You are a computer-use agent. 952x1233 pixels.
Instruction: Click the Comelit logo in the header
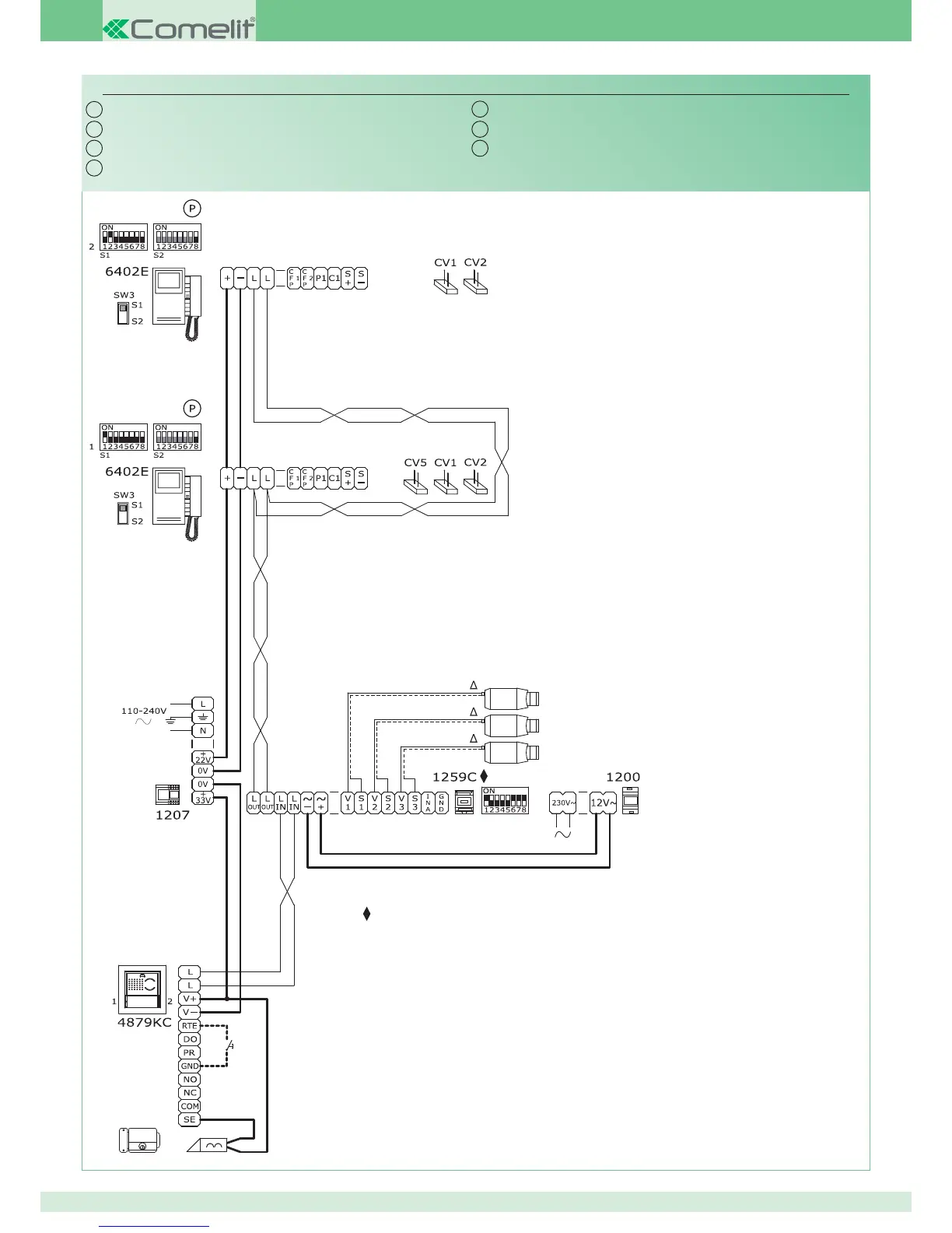click(179, 29)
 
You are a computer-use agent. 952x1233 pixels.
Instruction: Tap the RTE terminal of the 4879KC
click(190, 1026)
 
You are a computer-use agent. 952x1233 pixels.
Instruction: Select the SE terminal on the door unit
click(190, 1119)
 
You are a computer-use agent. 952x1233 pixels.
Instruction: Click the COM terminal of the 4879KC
click(190, 1106)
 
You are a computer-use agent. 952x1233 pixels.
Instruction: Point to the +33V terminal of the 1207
click(203, 798)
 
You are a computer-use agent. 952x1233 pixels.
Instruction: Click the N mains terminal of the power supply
click(203, 731)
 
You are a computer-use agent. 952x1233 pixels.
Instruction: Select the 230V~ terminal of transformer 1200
click(563, 803)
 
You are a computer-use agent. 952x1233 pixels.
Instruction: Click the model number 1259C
click(454, 777)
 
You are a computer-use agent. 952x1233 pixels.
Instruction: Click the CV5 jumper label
click(415, 462)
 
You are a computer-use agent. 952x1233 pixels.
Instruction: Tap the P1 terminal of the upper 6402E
click(321, 278)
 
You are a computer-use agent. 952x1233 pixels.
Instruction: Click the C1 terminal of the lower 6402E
click(334, 478)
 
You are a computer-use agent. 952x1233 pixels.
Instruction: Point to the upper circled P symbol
click(192, 208)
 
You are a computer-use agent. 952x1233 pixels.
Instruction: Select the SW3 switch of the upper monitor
click(122, 313)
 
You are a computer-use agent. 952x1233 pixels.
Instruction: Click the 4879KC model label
click(144, 1022)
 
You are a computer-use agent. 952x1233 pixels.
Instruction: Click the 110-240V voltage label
click(144, 711)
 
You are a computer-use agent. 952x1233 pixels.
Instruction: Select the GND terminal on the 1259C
click(441, 803)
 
